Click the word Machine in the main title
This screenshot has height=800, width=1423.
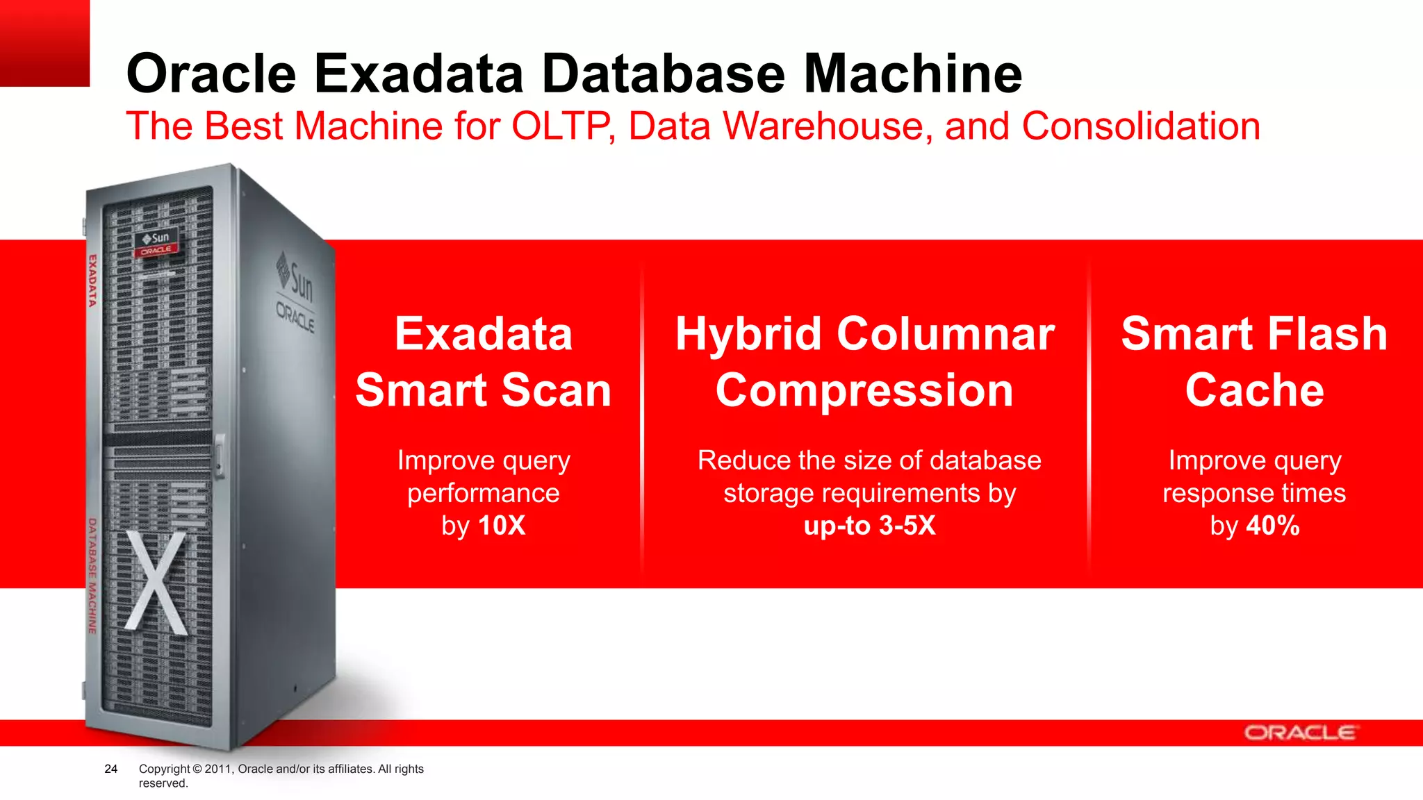912,74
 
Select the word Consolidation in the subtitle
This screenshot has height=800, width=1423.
1140,126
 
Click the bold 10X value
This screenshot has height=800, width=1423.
502,526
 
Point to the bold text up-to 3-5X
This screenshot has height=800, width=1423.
869,526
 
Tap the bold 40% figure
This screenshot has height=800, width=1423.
1272,526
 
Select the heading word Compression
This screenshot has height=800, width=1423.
864,390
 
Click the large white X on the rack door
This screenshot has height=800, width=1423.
157,582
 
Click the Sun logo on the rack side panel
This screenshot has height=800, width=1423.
295,280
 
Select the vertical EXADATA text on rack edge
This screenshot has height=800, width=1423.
92,281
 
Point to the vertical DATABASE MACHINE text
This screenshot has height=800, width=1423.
92,575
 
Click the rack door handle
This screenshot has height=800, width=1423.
220,456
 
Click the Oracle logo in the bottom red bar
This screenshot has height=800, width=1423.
1299,733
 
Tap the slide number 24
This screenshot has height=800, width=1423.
110,769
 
